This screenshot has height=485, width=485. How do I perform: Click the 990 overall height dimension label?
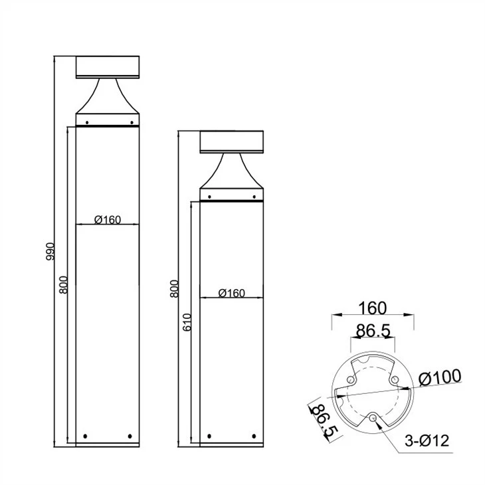click(x=50, y=252)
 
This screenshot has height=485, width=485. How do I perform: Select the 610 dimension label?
click(x=187, y=323)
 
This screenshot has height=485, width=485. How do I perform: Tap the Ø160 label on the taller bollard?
click(x=108, y=220)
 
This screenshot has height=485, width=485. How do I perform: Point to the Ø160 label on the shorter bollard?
click(x=232, y=293)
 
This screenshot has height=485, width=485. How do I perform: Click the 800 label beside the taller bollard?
click(x=63, y=284)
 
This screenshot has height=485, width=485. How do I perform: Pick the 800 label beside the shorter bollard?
click(x=175, y=289)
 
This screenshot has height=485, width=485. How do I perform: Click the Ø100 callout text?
click(x=440, y=377)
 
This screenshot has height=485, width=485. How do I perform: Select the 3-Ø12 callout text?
click(x=427, y=440)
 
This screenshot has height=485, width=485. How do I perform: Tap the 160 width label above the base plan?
click(x=373, y=308)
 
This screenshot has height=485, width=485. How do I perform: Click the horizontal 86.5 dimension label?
click(x=373, y=331)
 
